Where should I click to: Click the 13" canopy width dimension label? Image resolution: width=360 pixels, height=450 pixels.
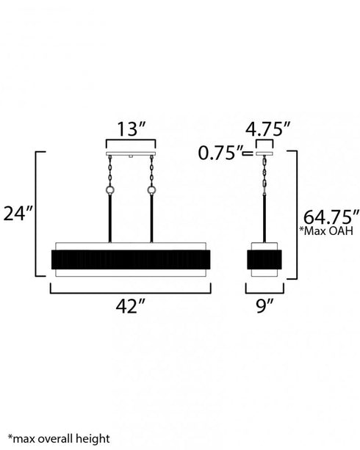click(131, 129)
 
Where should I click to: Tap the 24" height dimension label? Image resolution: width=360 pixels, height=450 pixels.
click(18, 214)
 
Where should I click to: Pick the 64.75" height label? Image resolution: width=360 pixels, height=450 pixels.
click(331, 217)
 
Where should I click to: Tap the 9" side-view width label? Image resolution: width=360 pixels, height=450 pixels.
click(264, 306)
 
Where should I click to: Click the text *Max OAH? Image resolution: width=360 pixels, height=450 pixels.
click(326, 231)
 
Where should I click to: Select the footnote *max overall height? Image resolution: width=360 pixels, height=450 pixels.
click(59, 439)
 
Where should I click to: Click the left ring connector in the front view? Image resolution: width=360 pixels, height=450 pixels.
click(110, 189)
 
